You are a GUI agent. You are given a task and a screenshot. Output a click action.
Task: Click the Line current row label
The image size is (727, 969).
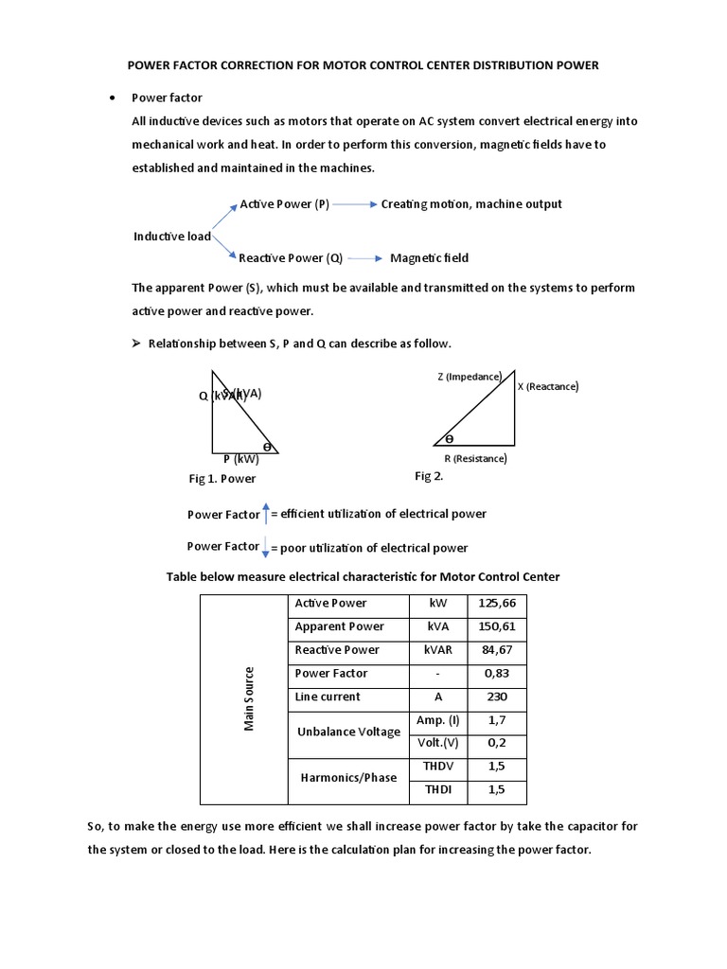click(328, 697)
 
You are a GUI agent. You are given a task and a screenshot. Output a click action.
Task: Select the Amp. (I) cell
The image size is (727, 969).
click(437, 721)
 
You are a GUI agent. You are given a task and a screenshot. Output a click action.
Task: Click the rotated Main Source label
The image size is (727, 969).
click(250, 698)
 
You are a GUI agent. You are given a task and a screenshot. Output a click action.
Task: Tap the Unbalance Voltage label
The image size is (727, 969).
click(348, 732)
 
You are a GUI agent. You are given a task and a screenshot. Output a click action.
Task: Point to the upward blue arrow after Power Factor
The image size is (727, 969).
click(266, 513)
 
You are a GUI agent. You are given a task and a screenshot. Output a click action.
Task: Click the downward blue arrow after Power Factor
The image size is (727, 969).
click(266, 547)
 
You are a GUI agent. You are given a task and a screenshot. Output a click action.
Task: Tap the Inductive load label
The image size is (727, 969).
click(172, 237)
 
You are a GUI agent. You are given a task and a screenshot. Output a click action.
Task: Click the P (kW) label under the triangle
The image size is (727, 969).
click(240, 460)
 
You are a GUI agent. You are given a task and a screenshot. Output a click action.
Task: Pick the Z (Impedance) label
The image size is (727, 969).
click(470, 377)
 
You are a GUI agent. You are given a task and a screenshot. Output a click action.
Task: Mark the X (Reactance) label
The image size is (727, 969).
click(547, 386)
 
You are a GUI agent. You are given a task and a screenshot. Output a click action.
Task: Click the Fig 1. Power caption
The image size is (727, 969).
click(222, 479)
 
